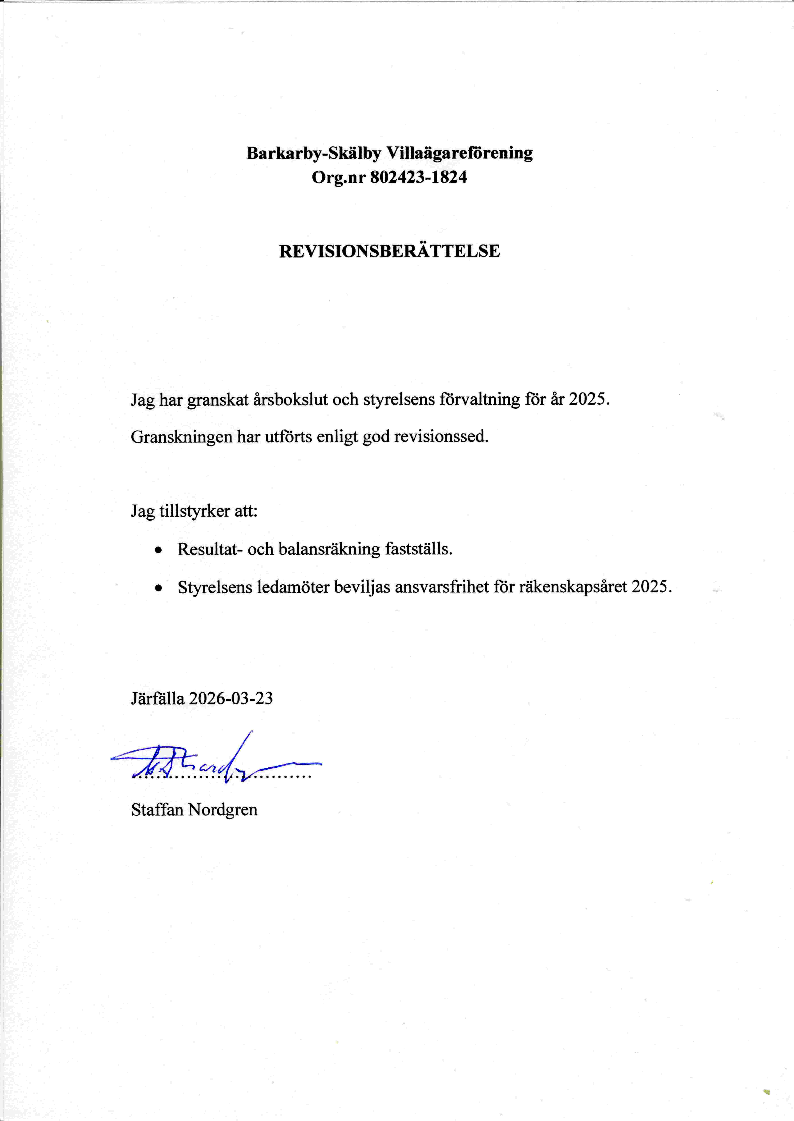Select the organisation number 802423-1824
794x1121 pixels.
point(418,177)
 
